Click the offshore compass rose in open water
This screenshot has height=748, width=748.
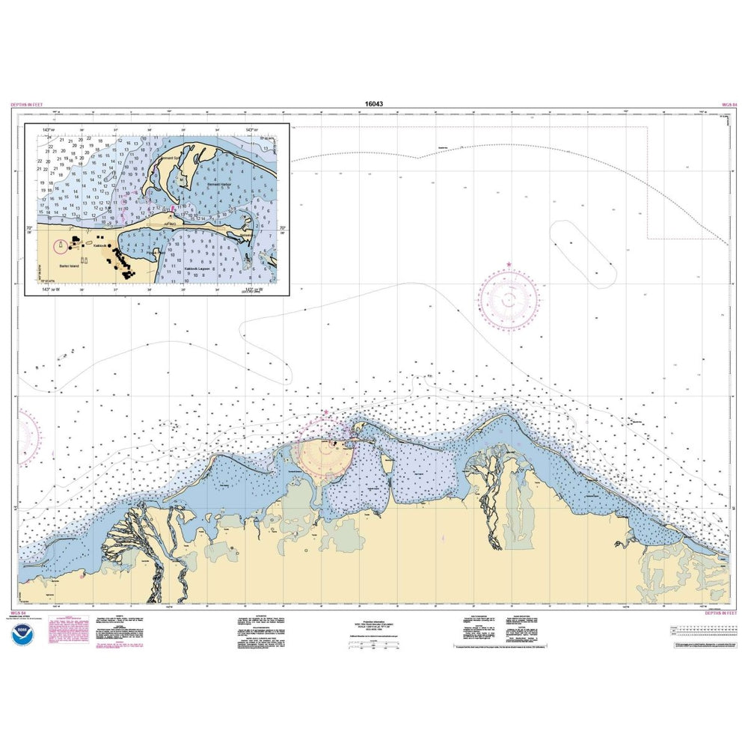pyautogui.click(x=509, y=299)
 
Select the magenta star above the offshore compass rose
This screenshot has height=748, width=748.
pyautogui.click(x=509, y=264)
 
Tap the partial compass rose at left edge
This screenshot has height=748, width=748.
pyautogui.click(x=28, y=434)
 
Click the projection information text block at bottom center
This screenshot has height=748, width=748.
pyautogui.click(x=374, y=625)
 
